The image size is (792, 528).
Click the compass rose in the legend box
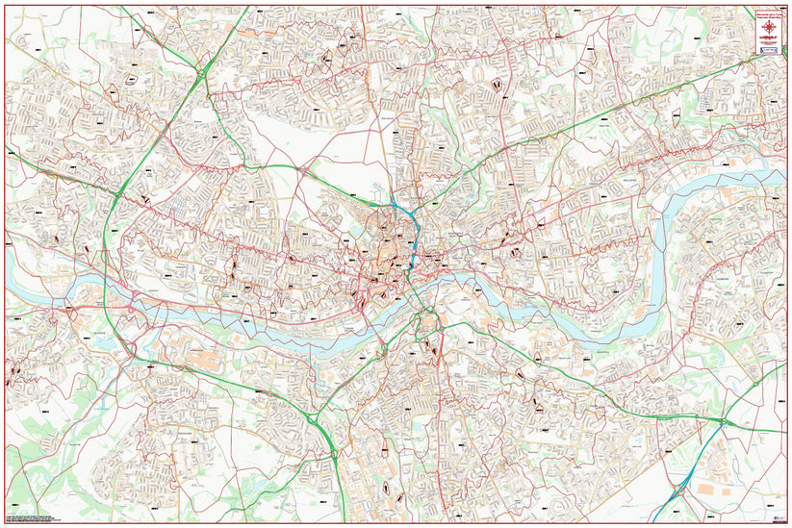coord(769,31)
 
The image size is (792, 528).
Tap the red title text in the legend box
coord(769,14)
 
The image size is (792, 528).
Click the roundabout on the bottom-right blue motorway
coord(679,488)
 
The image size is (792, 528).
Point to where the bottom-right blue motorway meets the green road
coord(725,422)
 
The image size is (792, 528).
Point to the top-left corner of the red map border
coord(5,5)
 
